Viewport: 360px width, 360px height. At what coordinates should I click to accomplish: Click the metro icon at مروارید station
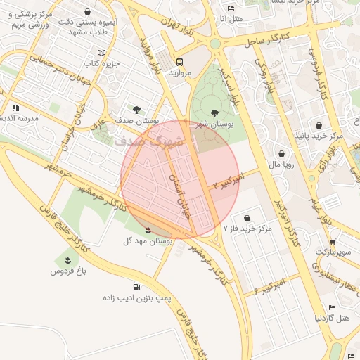(179, 61)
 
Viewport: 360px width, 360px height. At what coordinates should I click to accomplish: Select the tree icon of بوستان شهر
(214, 112)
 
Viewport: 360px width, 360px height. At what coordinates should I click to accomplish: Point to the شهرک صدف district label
(149, 140)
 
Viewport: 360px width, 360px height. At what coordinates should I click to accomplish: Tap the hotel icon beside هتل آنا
(231, 8)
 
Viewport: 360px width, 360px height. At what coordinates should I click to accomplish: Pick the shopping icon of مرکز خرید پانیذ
(319, 125)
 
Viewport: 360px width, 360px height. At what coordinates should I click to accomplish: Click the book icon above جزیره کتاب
(102, 53)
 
